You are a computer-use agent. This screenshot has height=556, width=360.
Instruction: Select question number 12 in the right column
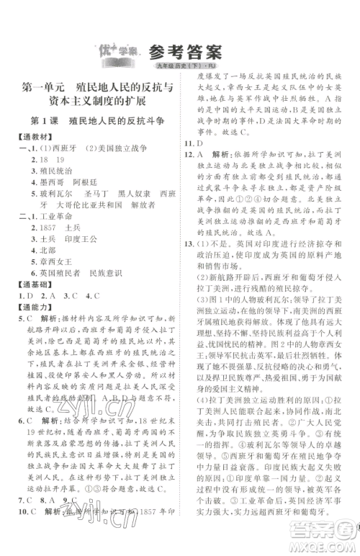tap(189, 154)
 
